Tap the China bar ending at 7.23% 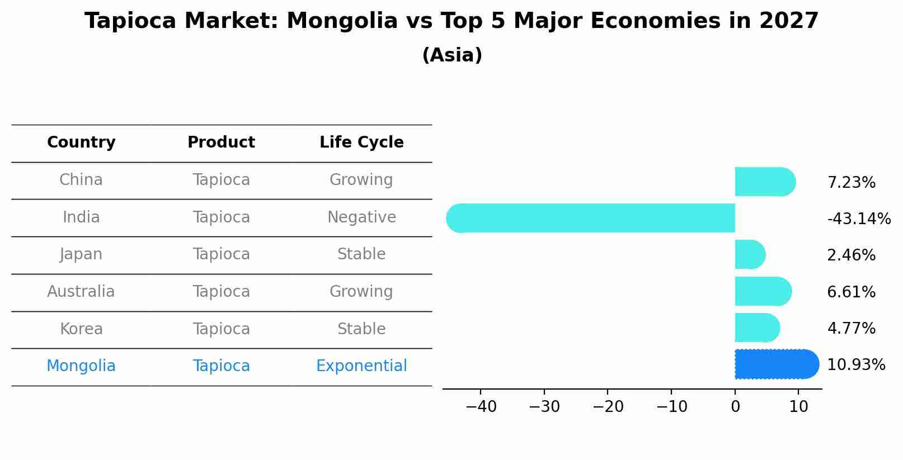[x=764, y=182]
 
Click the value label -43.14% [x=859, y=219]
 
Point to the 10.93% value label [x=856, y=365]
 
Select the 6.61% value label [x=851, y=292]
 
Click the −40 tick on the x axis [x=481, y=407]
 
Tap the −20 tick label [x=608, y=407]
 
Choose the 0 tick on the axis [x=735, y=407]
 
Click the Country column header [x=81, y=143]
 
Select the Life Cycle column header [x=361, y=143]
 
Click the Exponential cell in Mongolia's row [x=361, y=366]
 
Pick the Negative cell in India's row [x=361, y=217]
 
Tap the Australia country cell [x=81, y=292]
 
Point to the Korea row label [x=81, y=329]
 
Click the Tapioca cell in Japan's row [x=221, y=254]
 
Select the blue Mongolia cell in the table [x=81, y=366]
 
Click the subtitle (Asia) [x=451, y=55]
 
